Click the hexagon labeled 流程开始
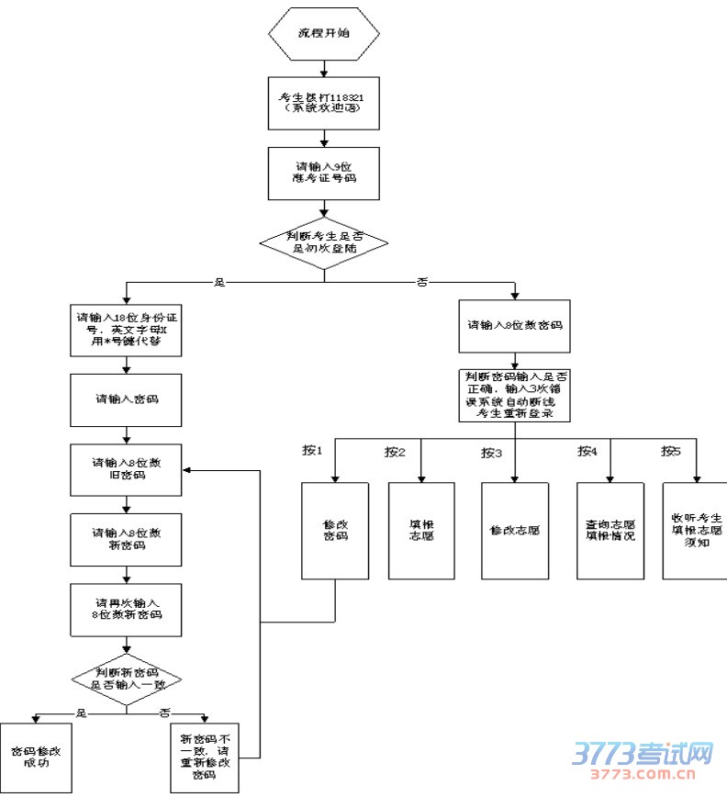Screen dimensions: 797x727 click(x=324, y=33)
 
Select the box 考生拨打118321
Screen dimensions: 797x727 click(x=324, y=101)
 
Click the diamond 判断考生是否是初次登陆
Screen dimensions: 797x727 click(x=324, y=242)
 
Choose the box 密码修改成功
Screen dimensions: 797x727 click(x=36, y=757)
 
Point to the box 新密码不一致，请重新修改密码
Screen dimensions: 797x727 click(x=206, y=757)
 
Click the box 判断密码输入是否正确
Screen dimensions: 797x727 click(x=515, y=395)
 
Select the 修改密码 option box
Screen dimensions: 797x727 click(x=335, y=530)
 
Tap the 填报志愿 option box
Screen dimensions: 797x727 click(x=421, y=530)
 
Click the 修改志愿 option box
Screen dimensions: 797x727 click(x=515, y=530)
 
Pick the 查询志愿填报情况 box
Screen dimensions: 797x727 click(x=610, y=530)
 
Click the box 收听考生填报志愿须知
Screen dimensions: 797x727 click(x=695, y=530)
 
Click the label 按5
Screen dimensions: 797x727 click(x=672, y=451)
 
